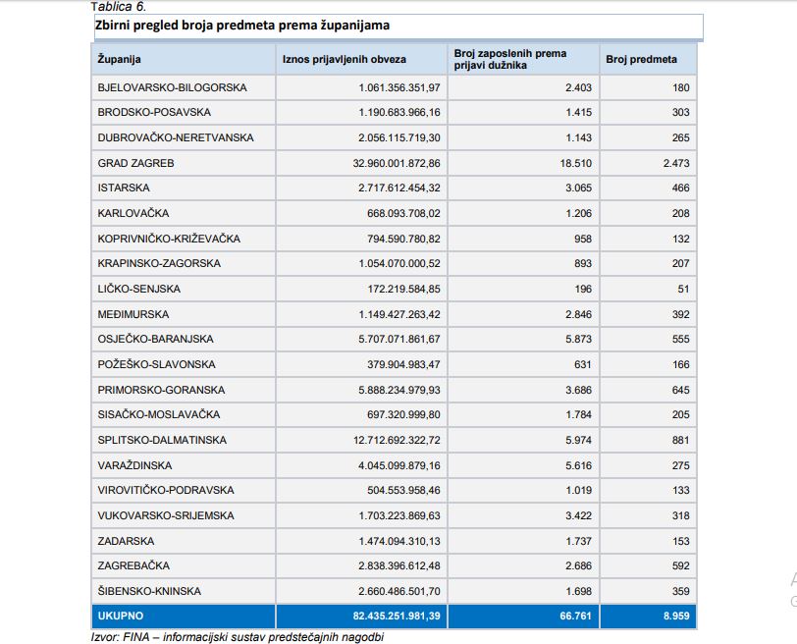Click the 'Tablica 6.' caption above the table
pos(118,6)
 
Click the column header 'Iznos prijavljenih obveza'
pos(344,60)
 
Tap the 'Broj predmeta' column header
pos(641,60)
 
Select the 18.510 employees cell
pos(572,163)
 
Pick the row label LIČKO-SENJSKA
pos(139,289)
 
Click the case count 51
pos(683,289)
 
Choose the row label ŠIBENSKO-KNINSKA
pos(149,591)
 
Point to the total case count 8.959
pos(673,617)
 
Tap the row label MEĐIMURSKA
pos(133,314)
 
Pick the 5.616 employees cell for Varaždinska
pos(578,465)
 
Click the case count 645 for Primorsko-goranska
pos(679,390)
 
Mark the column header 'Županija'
pos(120,60)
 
